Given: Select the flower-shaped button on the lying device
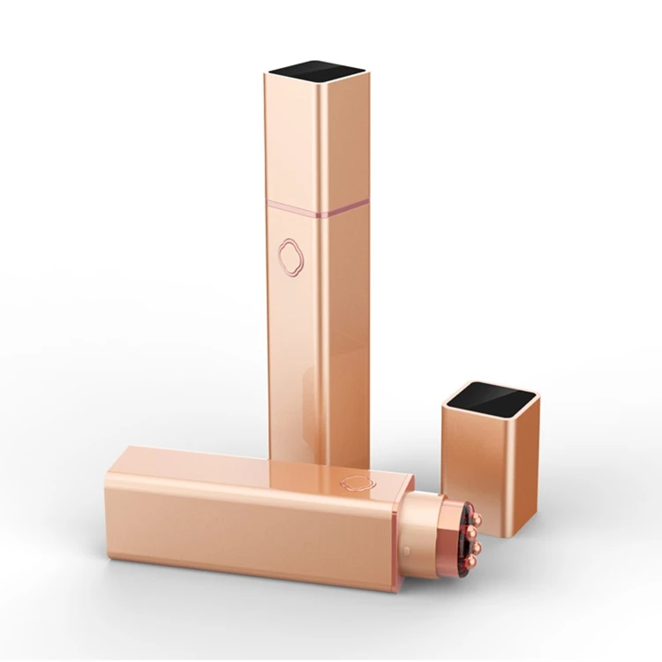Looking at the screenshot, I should click(357, 483).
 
